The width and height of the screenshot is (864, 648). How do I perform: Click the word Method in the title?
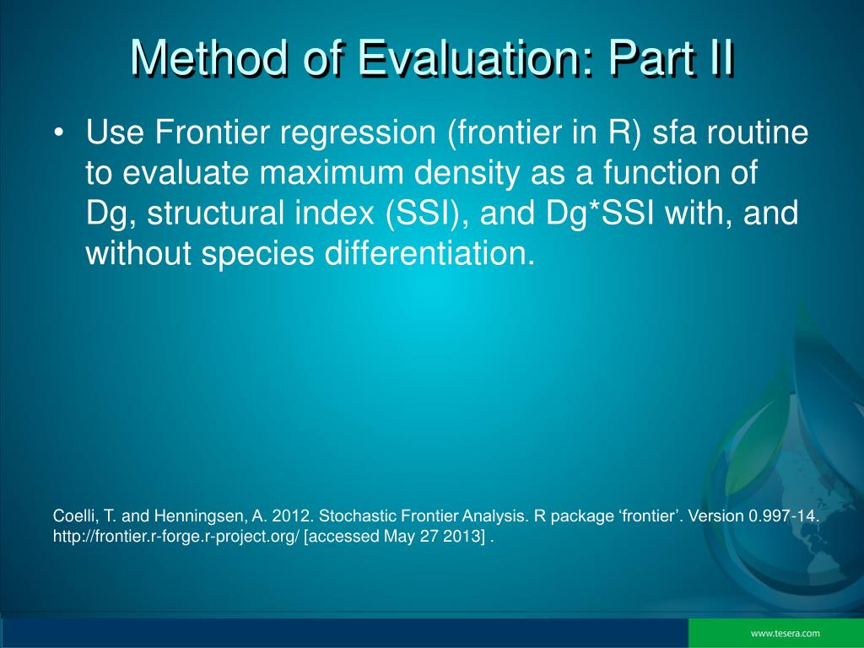[x=209, y=58]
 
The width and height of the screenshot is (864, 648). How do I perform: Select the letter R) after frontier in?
[x=625, y=133]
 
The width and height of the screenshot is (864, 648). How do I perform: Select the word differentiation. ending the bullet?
[x=429, y=253]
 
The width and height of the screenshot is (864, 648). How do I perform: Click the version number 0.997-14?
[x=784, y=516]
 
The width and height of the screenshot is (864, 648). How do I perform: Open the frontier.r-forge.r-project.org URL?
[x=176, y=537]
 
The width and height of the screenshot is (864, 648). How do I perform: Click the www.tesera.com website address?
[x=786, y=634]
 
